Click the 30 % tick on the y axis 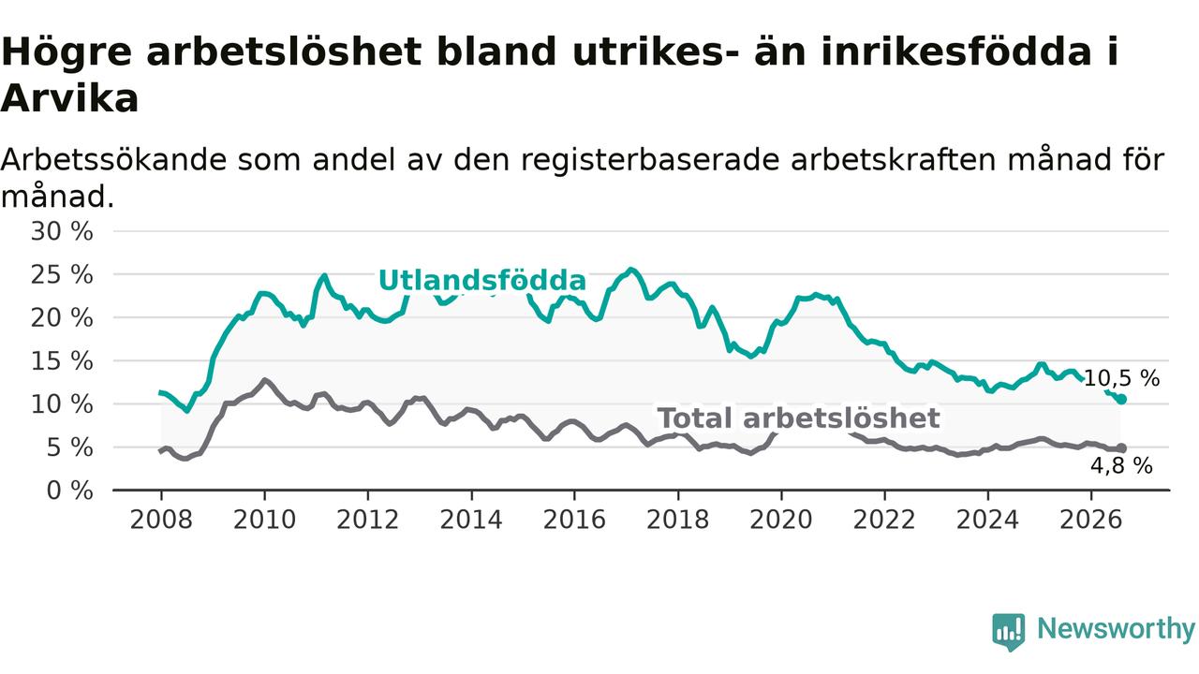tap(62, 231)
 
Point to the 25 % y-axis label tap(62, 275)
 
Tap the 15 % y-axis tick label tap(62, 361)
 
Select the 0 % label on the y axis tap(70, 491)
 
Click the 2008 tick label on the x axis tap(161, 520)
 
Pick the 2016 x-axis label tap(574, 520)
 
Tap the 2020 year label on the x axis tap(781, 520)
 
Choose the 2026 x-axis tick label tap(1091, 520)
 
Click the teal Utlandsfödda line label tap(482, 280)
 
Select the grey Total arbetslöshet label tap(799, 418)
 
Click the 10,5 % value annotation tap(1121, 378)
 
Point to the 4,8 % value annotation tap(1121, 466)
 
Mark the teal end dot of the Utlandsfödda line tap(1121, 399)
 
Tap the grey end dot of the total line tap(1121, 448)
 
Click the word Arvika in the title tap(69, 98)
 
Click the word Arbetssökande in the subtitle tap(113, 160)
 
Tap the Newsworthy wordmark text tap(1116, 629)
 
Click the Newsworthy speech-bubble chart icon tap(1009, 632)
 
